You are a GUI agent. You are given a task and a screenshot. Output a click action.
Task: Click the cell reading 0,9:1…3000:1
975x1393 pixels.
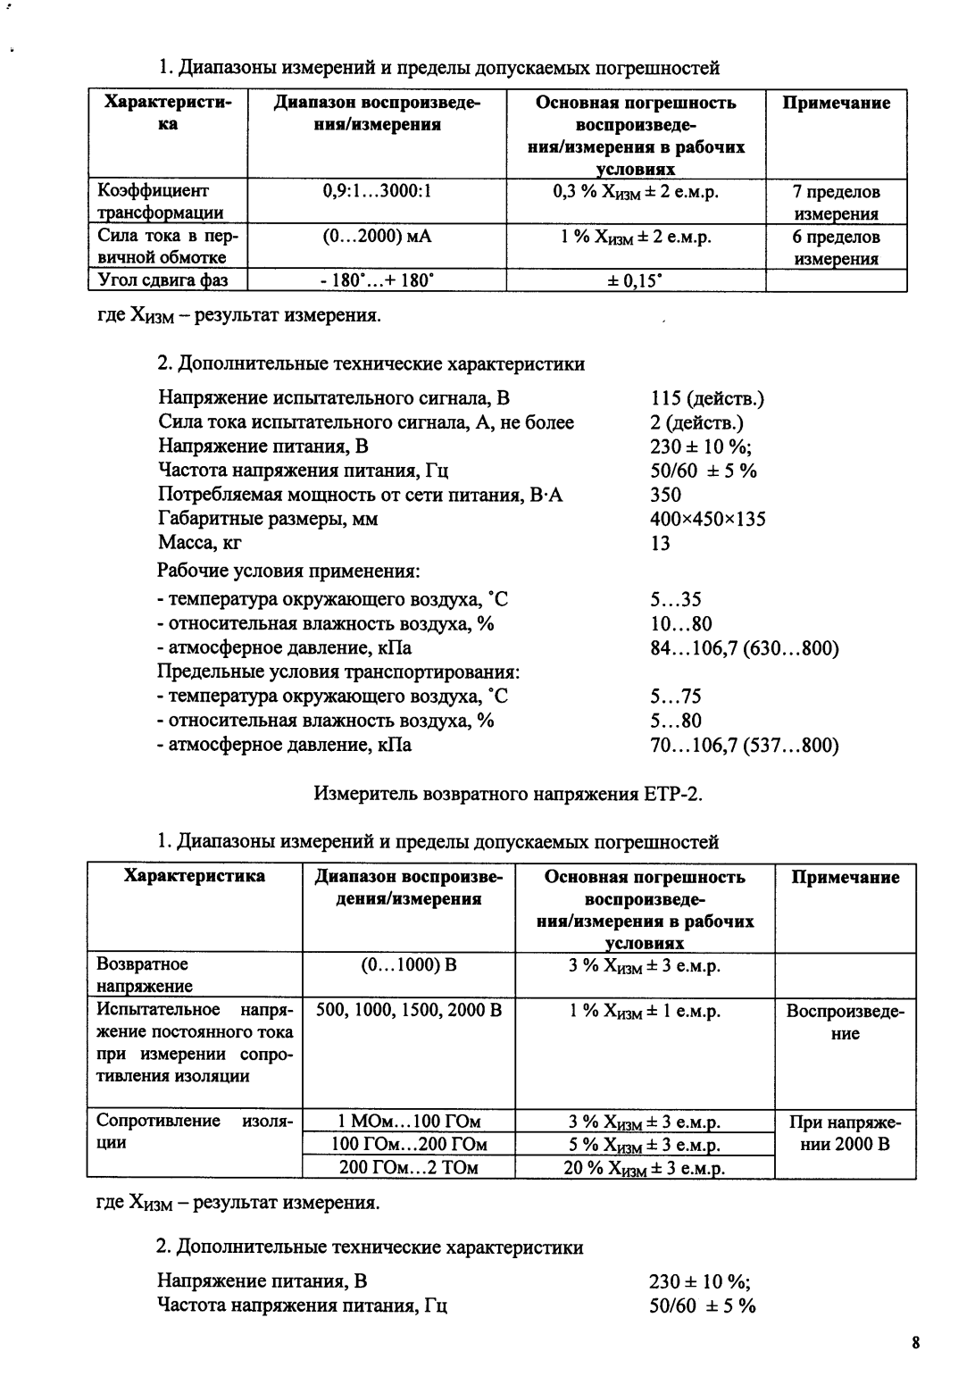click(x=377, y=191)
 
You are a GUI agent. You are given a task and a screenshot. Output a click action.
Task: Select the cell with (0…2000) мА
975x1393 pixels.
click(x=377, y=237)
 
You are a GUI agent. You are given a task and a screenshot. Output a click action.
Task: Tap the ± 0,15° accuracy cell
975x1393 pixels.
click(x=635, y=280)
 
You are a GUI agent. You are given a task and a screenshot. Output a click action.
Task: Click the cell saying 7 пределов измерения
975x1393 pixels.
click(x=836, y=203)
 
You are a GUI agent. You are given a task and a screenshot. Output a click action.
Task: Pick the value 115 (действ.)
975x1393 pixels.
click(x=707, y=399)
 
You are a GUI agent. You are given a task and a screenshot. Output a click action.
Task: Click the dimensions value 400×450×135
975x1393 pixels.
click(x=708, y=519)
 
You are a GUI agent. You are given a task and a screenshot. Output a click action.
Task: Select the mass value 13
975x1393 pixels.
click(x=661, y=543)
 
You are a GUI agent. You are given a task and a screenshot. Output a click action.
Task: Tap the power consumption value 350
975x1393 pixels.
click(x=666, y=495)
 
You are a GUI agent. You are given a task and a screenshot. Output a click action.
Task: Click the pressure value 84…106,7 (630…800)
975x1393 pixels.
click(x=745, y=648)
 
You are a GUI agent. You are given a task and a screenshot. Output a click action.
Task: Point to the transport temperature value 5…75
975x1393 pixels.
click(x=676, y=696)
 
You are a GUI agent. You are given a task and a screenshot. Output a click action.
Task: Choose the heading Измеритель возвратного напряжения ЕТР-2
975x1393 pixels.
click(x=508, y=793)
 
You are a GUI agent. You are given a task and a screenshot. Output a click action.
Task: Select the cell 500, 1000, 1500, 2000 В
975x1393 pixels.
click(x=409, y=1011)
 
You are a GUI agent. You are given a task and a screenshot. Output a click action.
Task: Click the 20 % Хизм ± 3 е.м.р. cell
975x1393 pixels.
click(x=645, y=1168)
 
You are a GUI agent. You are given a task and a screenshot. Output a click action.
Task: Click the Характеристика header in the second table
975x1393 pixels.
click(x=194, y=876)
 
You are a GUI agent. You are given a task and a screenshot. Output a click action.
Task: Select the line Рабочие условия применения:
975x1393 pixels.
click(x=288, y=571)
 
